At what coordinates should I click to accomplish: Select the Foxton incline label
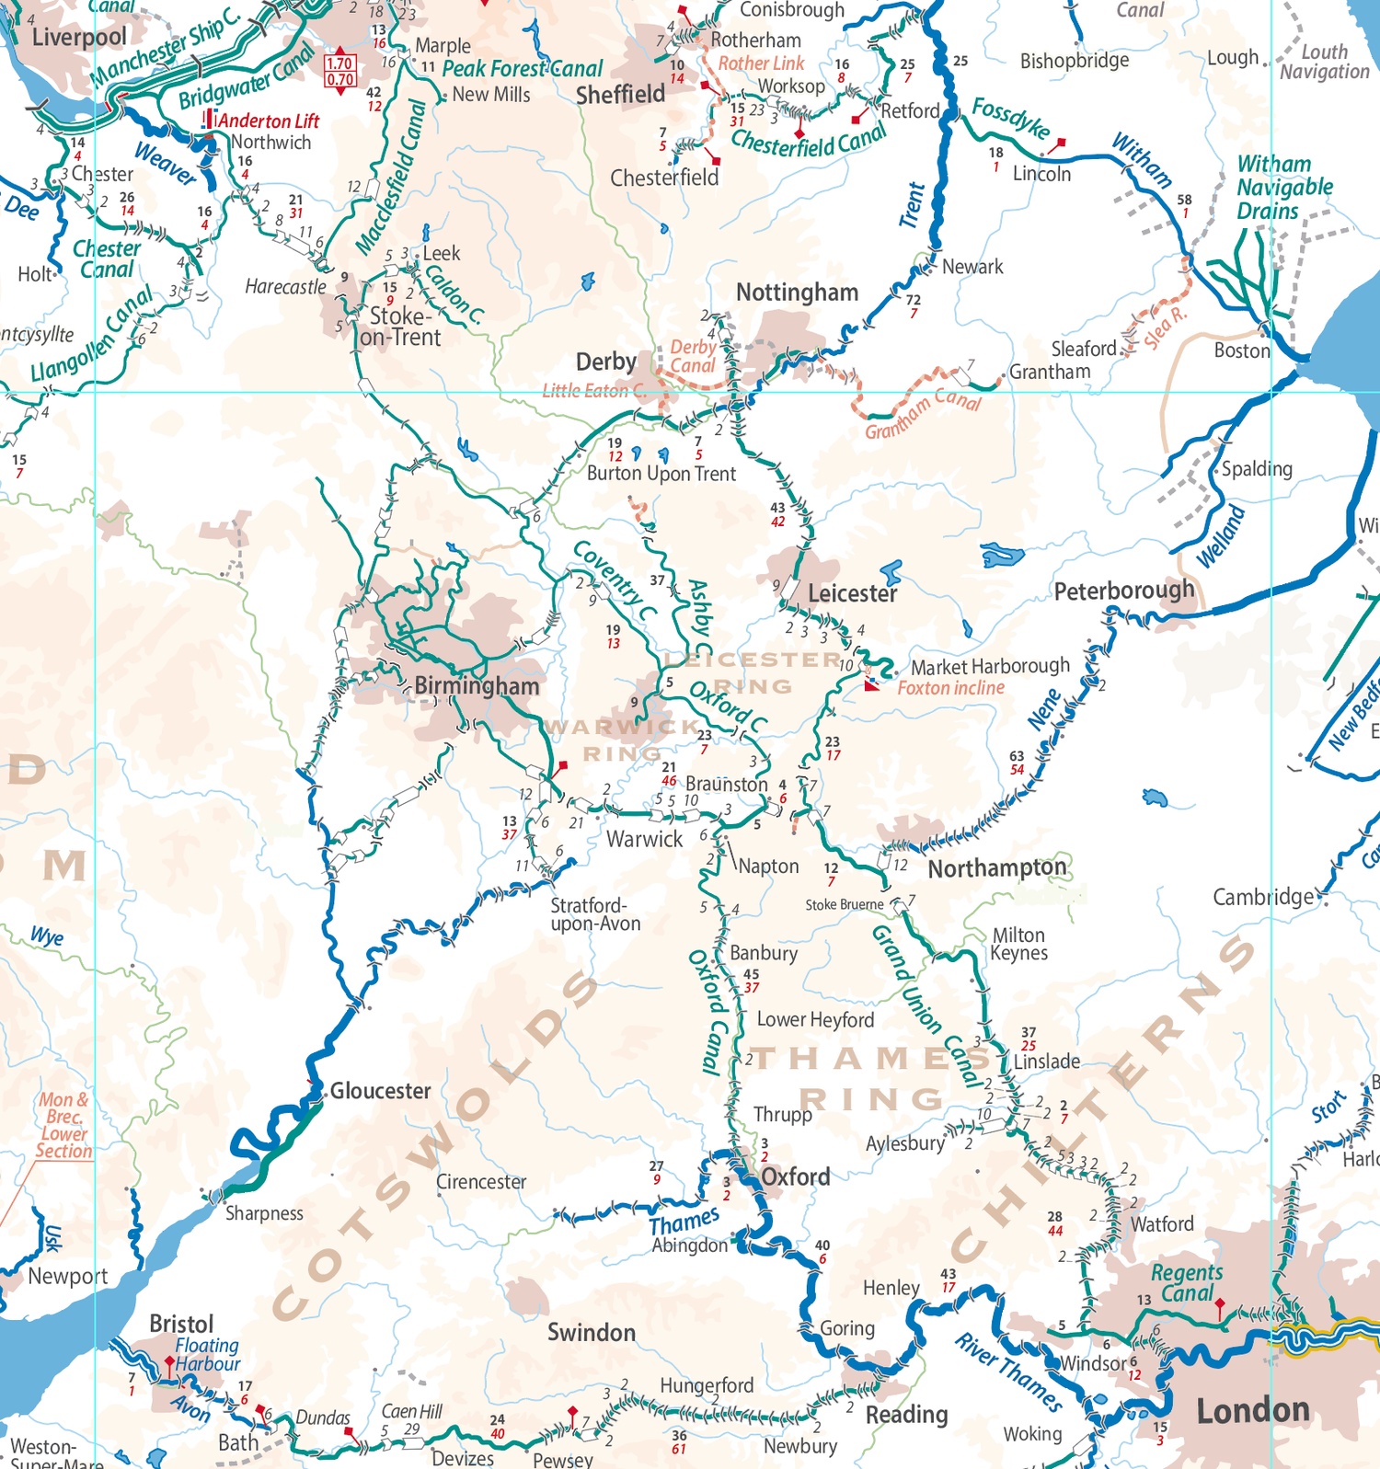(x=950, y=688)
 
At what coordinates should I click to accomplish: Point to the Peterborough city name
(x=1123, y=591)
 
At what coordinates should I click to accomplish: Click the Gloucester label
(x=380, y=1091)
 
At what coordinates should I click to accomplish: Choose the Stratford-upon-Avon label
(x=594, y=914)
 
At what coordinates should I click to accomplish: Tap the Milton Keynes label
(x=1018, y=944)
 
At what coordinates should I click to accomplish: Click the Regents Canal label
(x=1187, y=1283)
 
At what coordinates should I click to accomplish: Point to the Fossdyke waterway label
(x=1011, y=119)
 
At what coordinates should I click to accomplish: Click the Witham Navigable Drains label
(x=1283, y=188)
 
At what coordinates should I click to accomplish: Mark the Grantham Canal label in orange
(x=922, y=413)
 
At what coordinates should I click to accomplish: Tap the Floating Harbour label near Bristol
(x=207, y=1355)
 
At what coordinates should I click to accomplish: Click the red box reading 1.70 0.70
(x=339, y=72)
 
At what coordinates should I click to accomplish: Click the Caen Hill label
(x=411, y=1411)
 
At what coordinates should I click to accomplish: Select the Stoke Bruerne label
(x=844, y=904)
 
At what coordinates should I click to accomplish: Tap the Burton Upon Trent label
(x=661, y=474)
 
